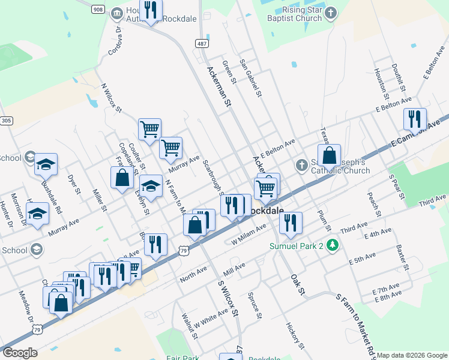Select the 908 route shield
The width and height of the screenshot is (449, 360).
click(x=99, y=9)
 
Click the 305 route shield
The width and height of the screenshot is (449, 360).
click(x=6, y=121)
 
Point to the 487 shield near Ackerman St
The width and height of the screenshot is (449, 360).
click(x=202, y=44)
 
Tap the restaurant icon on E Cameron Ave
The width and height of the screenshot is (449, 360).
click(x=414, y=119)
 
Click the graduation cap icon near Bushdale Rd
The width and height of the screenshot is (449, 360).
click(x=46, y=164)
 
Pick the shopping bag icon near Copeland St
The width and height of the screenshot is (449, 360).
click(x=122, y=178)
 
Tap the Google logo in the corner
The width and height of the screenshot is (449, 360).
click(x=20, y=353)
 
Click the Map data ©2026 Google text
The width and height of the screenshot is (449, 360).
click(x=412, y=355)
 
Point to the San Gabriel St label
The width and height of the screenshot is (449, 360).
click(x=251, y=77)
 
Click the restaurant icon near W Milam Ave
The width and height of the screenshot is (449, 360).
click(x=291, y=223)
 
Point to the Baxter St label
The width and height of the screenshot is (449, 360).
click(x=402, y=256)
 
